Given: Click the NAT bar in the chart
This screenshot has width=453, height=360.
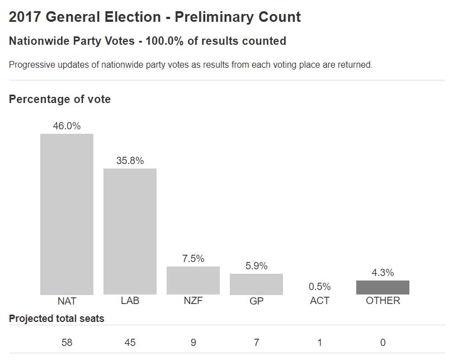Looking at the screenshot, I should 67,214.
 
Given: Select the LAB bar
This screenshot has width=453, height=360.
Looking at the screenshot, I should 130,231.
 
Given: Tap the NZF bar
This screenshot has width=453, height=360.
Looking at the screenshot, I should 193,280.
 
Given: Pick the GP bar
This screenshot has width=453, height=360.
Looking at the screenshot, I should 256,284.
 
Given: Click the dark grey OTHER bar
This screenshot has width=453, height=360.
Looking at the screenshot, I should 383,287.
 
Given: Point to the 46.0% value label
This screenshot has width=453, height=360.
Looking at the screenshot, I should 67,126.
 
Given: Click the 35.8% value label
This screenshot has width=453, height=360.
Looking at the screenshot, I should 130,161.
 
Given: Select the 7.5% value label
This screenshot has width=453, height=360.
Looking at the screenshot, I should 193,259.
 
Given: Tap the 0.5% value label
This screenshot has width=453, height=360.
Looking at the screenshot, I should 319,287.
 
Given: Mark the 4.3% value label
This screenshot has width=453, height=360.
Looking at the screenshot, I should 383,273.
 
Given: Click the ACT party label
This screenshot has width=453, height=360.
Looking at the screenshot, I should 319,301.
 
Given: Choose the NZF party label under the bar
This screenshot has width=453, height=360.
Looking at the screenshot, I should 193,301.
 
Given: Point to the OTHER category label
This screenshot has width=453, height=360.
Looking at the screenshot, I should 383,301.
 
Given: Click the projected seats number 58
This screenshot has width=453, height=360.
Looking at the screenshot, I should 67,343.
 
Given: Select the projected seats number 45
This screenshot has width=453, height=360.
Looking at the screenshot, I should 130,343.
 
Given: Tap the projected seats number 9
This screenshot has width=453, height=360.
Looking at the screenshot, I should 193,343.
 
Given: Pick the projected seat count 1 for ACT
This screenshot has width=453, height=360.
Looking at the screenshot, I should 319,343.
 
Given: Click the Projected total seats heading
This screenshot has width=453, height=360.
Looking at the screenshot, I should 56,319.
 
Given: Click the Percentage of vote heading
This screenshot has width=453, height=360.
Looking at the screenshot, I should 60,99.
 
